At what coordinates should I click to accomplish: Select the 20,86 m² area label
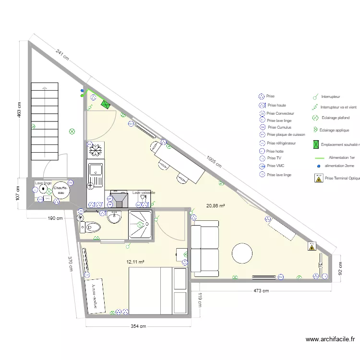pos(216,206)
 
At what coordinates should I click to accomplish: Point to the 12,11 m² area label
pos(135,262)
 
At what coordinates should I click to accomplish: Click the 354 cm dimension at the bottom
pos(138,326)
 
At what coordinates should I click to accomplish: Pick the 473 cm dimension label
pos(261,290)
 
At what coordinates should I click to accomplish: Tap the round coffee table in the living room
pos(242,253)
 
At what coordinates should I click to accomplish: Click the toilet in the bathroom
pos(91,226)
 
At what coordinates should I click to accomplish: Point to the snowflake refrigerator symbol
pos(95,150)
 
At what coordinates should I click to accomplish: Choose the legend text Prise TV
pos(275,157)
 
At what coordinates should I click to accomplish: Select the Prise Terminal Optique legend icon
pos(318,178)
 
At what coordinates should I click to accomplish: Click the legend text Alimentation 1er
pos(341,157)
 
